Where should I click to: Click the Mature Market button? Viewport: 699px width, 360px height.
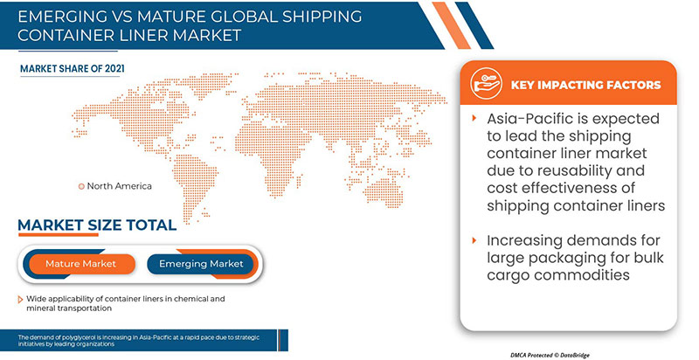pyautogui.click(x=80, y=263)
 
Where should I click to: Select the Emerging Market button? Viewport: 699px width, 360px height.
pyautogui.click(x=201, y=263)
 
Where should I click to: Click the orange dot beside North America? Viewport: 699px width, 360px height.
pyautogui.click(x=81, y=185)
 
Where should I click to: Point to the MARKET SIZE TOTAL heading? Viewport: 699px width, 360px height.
pyautogui.click(x=97, y=226)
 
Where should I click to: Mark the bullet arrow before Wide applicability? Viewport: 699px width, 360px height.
pyautogui.click(x=20, y=299)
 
